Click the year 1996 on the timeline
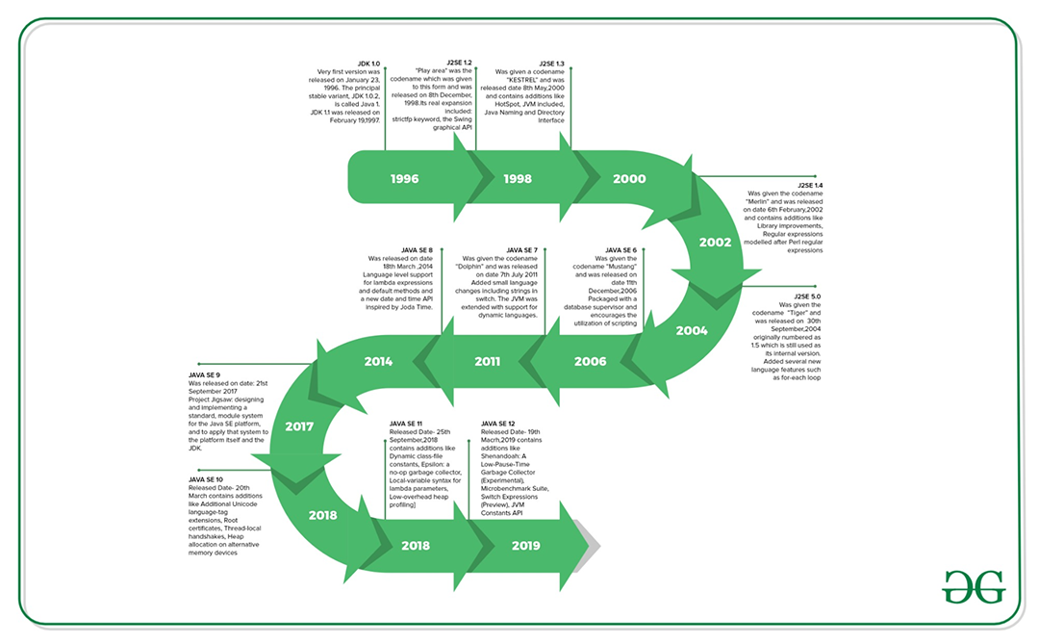coord(404,179)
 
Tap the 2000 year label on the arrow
coord(629,179)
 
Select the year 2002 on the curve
coord(716,242)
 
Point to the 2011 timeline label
coord(487,362)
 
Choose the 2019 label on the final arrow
coord(525,546)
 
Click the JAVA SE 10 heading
coord(206,478)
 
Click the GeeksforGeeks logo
coord(973,585)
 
